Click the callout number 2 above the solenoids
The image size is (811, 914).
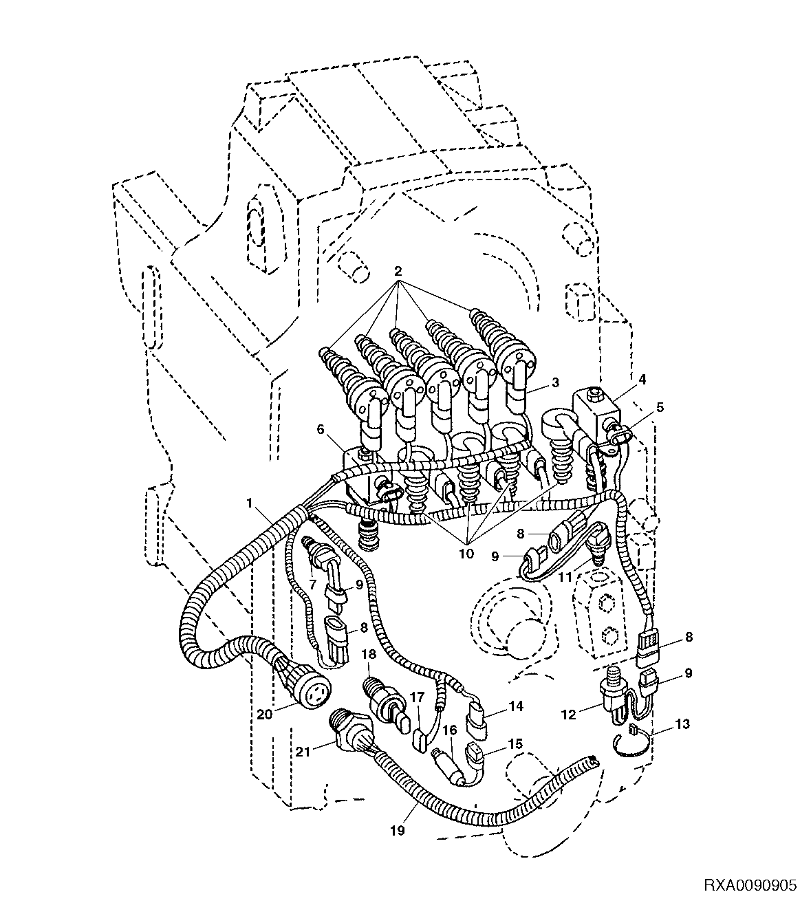(398, 271)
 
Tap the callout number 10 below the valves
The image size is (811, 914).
(466, 554)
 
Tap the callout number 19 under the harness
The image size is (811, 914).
(398, 831)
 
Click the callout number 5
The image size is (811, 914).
(660, 407)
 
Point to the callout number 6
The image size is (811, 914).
(320, 429)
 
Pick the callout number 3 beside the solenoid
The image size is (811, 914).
(555, 382)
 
